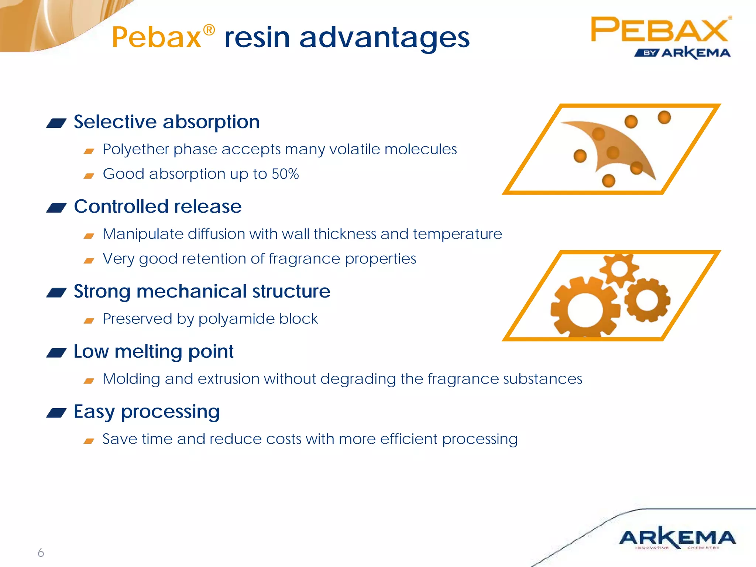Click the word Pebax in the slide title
[x=157, y=38]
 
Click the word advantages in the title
[x=384, y=38]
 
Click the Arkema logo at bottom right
[x=677, y=537]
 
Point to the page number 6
[x=41, y=553]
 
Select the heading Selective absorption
[x=166, y=122]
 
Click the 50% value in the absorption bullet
[x=285, y=174]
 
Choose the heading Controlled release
[x=158, y=206]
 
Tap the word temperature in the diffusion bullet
[x=457, y=234]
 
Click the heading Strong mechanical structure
[x=202, y=291]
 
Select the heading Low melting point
[x=154, y=351]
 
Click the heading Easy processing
[x=147, y=412]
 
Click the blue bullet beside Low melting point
[x=56, y=353]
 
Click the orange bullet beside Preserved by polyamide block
[x=89, y=321]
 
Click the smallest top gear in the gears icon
[x=619, y=269]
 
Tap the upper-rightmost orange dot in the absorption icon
[x=664, y=117]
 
